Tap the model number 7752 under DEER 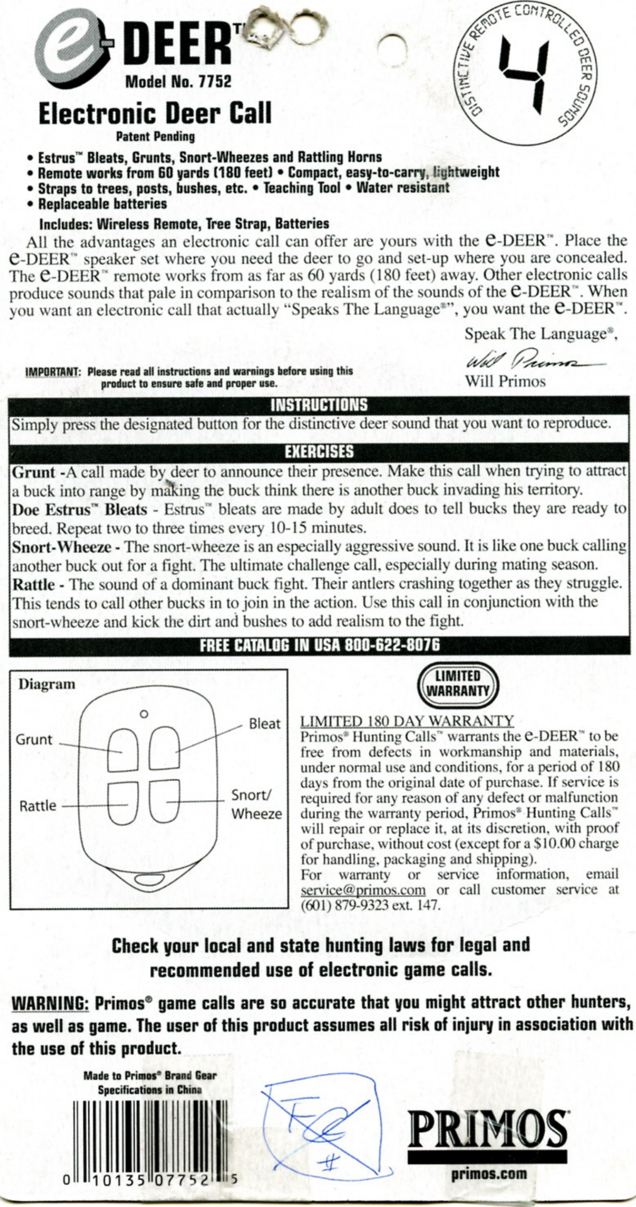pos(215,82)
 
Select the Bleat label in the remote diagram pos(264,724)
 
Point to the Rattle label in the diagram pos(38,806)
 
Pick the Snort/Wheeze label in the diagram pos(256,804)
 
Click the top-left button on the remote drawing pos(124,749)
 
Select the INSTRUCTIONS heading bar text pos(319,405)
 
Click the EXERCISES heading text pos(319,452)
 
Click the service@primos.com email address pos(363,889)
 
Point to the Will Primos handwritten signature pos(532,362)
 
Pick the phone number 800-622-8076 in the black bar pos(392,645)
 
